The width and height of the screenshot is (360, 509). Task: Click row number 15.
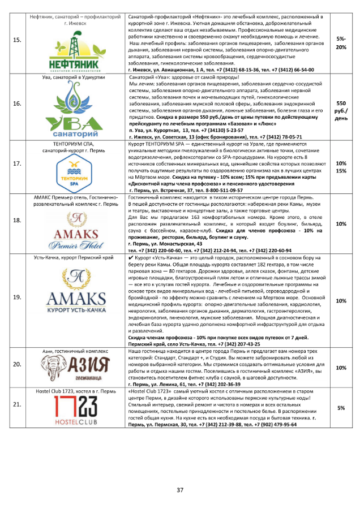17,40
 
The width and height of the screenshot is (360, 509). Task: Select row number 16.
17,103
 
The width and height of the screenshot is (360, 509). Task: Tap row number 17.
17,163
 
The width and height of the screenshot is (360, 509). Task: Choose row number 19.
17,301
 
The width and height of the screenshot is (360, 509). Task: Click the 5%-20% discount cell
341,43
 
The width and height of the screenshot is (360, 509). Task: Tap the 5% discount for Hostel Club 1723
341,408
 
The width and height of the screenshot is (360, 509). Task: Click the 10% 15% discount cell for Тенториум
341,167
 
